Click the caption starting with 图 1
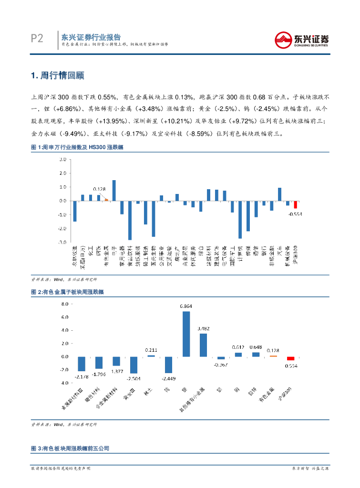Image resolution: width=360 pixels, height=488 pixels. coord(77,148)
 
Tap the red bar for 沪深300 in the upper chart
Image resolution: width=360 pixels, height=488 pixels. coord(295,204)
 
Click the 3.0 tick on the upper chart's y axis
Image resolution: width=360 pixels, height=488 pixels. coord(62,160)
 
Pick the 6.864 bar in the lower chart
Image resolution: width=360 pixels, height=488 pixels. coord(186,334)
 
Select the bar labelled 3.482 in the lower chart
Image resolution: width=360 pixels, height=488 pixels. coord(203,345)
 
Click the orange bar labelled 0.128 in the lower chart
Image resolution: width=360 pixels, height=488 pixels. coord(273,356)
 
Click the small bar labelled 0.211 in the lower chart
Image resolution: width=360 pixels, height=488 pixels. coord(151,356)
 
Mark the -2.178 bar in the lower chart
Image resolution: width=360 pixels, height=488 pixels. coord(82,364)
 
